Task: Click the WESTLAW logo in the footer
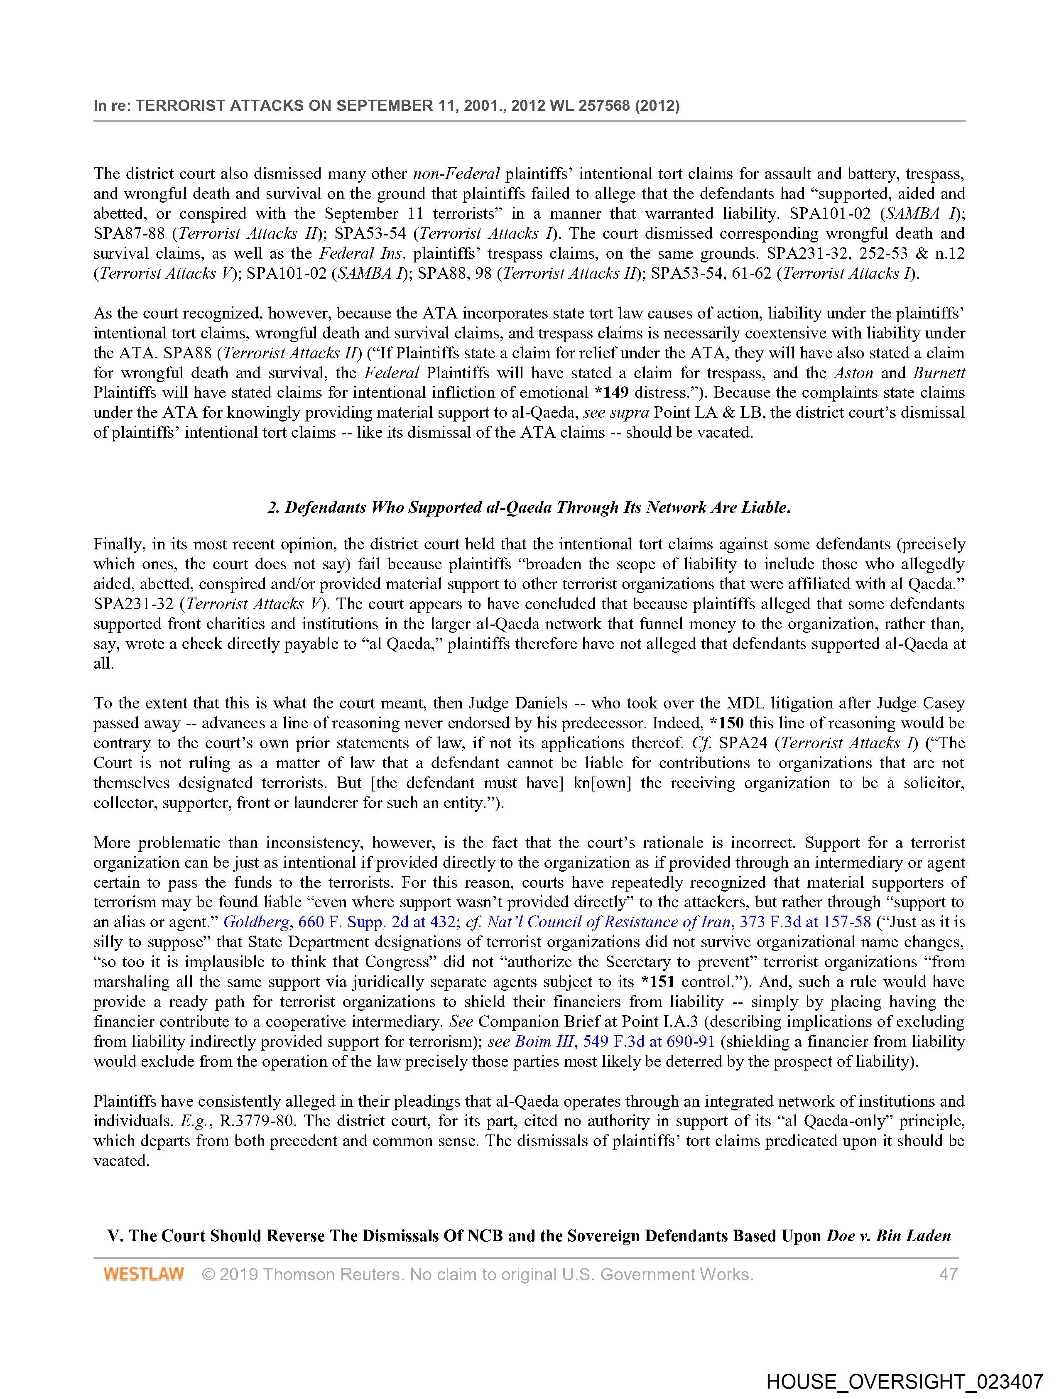tap(144, 1274)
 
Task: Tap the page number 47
tap(948, 1274)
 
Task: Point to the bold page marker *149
tap(611, 392)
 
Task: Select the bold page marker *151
tap(657, 982)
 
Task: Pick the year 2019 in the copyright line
tap(238, 1274)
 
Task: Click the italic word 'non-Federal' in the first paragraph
tap(456, 173)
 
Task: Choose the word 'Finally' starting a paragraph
tap(118, 544)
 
